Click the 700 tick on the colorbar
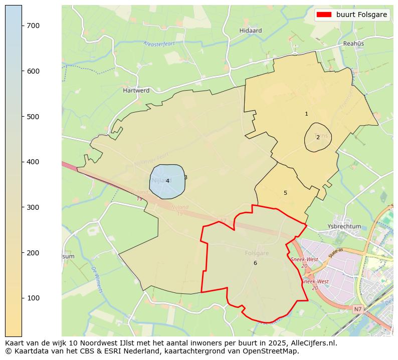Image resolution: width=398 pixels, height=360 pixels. click(x=22, y=26)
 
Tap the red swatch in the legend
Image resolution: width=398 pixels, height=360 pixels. click(x=324, y=15)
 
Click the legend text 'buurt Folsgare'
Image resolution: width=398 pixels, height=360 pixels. click(x=362, y=15)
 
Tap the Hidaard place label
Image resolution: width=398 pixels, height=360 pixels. click(x=251, y=31)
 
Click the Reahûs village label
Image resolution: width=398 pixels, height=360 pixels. click(x=353, y=44)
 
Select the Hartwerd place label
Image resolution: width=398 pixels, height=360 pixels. click(x=136, y=91)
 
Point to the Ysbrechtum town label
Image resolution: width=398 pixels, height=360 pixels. click(x=344, y=226)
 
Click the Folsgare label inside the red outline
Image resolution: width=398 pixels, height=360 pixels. click(x=257, y=253)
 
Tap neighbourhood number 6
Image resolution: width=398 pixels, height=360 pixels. click(x=255, y=263)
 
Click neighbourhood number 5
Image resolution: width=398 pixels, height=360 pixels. click(x=285, y=193)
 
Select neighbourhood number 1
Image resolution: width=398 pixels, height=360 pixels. click(x=306, y=114)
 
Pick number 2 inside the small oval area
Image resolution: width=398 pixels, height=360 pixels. click(x=318, y=137)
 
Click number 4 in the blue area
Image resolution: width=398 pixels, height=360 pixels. click(x=167, y=181)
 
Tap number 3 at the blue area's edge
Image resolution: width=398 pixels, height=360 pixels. click(x=185, y=177)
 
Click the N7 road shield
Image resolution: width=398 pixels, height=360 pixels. click(x=357, y=309)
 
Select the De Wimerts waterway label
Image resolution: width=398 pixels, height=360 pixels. click(x=97, y=280)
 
